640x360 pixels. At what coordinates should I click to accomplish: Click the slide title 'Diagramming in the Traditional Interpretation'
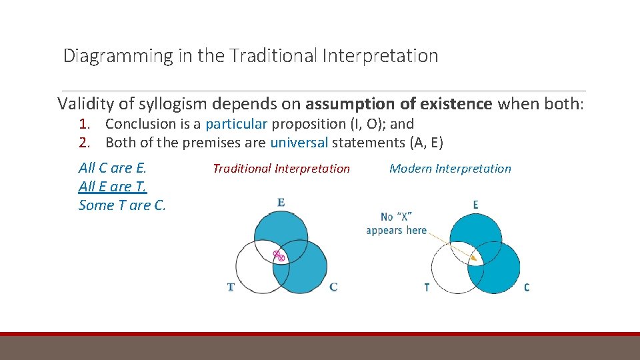[251, 56]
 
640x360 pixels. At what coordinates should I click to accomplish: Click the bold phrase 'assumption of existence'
[399, 104]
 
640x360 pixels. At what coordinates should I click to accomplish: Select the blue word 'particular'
[236, 124]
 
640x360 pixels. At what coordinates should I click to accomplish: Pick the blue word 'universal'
[299, 143]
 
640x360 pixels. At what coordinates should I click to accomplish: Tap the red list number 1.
[84, 124]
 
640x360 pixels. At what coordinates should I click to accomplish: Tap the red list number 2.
[84, 143]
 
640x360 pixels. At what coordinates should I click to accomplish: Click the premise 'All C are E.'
[112, 168]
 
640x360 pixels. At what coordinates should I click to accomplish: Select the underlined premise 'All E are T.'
[112, 187]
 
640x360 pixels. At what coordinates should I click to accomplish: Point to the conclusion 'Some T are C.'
[122, 205]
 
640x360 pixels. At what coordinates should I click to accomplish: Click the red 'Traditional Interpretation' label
[281, 169]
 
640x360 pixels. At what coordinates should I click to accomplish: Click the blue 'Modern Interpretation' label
[450, 169]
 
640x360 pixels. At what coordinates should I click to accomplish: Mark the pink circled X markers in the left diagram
[279, 255]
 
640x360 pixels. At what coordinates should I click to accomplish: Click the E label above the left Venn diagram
[281, 202]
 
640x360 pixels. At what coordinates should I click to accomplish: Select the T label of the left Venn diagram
[231, 287]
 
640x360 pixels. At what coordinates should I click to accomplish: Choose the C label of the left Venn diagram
[333, 287]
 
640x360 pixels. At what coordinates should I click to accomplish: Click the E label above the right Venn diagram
[475, 205]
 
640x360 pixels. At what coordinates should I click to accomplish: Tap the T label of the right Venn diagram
[427, 287]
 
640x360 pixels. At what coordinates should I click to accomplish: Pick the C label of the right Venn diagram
[527, 287]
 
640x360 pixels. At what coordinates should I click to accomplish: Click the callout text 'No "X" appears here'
[396, 223]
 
